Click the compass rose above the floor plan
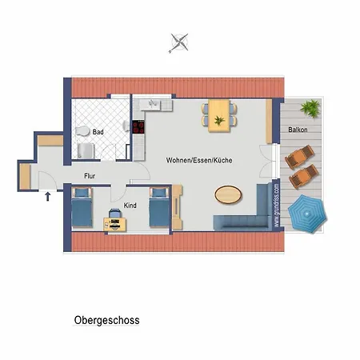pos(178,43)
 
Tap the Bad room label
pos(98,132)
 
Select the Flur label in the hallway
pos(90,176)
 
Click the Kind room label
pos(130,206)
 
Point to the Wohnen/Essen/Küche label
pos(199,160)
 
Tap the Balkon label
pos(298,130)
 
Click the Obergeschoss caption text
pos(106,320)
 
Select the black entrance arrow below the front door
pos(48,197)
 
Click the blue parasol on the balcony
pos(307,214)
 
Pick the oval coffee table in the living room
pos(228,194)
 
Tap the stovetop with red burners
pos(138,127)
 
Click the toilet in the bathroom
pos(82,131)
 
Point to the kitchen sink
pos(152,104)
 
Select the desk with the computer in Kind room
pos(114,225)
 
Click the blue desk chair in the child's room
pos(115,214)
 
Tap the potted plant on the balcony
pos(310,108)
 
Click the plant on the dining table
pos(219,120)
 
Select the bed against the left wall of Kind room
pos(82,207)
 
